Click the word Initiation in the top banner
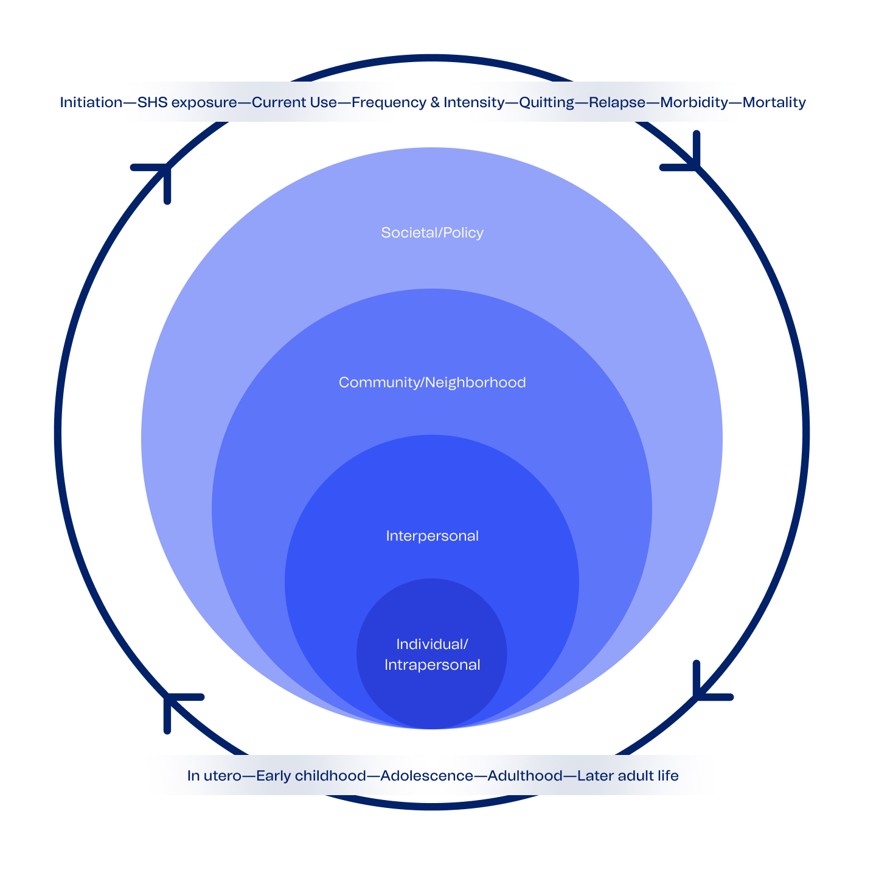(x=91, y=102)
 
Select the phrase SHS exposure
(x=187, y=102)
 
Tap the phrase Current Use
(x=294, y=102)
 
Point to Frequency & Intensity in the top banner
(x=428, y=102)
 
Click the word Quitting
(x=546, y=102)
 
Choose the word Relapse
(x=617, y=102)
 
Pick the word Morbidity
(x=693, y=102)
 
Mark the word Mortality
(x=774, y=102)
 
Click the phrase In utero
(x=214, y=776)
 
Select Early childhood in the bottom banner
(x=311, y=776)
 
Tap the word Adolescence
(x=426, y=776)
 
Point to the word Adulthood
(x=525, y=776)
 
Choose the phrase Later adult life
(x=627, y=776)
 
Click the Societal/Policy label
(x=432, y=233)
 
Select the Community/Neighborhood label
(x=432, y=382)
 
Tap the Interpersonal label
(x=432, y=536)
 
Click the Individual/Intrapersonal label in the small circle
(x=432, y=655)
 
